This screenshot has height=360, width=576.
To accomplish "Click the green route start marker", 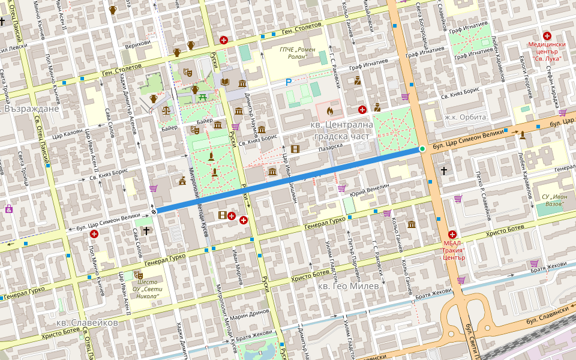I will click(422, 148).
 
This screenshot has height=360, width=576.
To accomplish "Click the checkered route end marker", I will click(154, 211).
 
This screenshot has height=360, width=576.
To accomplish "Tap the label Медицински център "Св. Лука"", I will click(547, 49).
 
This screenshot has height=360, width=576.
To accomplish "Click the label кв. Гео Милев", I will click(348, 286).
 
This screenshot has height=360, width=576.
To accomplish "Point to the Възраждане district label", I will click(31, 109).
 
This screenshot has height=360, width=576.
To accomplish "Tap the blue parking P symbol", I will click(288, 82).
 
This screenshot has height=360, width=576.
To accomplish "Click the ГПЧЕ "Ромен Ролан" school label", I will click(298, 53).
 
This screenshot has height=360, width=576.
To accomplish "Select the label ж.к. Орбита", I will click(466, 117).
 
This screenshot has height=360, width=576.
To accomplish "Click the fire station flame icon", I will click(329, 110).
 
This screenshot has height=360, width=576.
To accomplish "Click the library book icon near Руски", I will click(226, 82).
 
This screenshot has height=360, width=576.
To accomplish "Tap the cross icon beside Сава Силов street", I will click(146, 230).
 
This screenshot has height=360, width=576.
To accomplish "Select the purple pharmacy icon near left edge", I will click(8, 209).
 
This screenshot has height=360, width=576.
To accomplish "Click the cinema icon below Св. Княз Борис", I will click(295, 148).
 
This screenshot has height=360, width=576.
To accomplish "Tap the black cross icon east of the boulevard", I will click(444, 171).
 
